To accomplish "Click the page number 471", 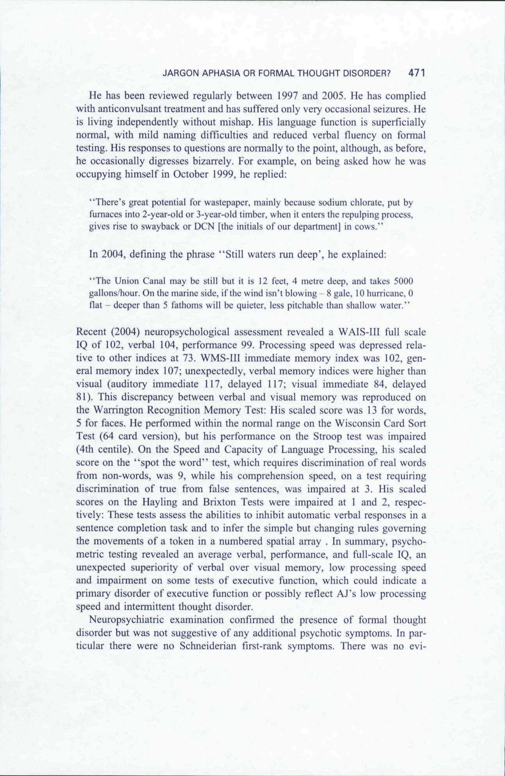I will tap(416, 73).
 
